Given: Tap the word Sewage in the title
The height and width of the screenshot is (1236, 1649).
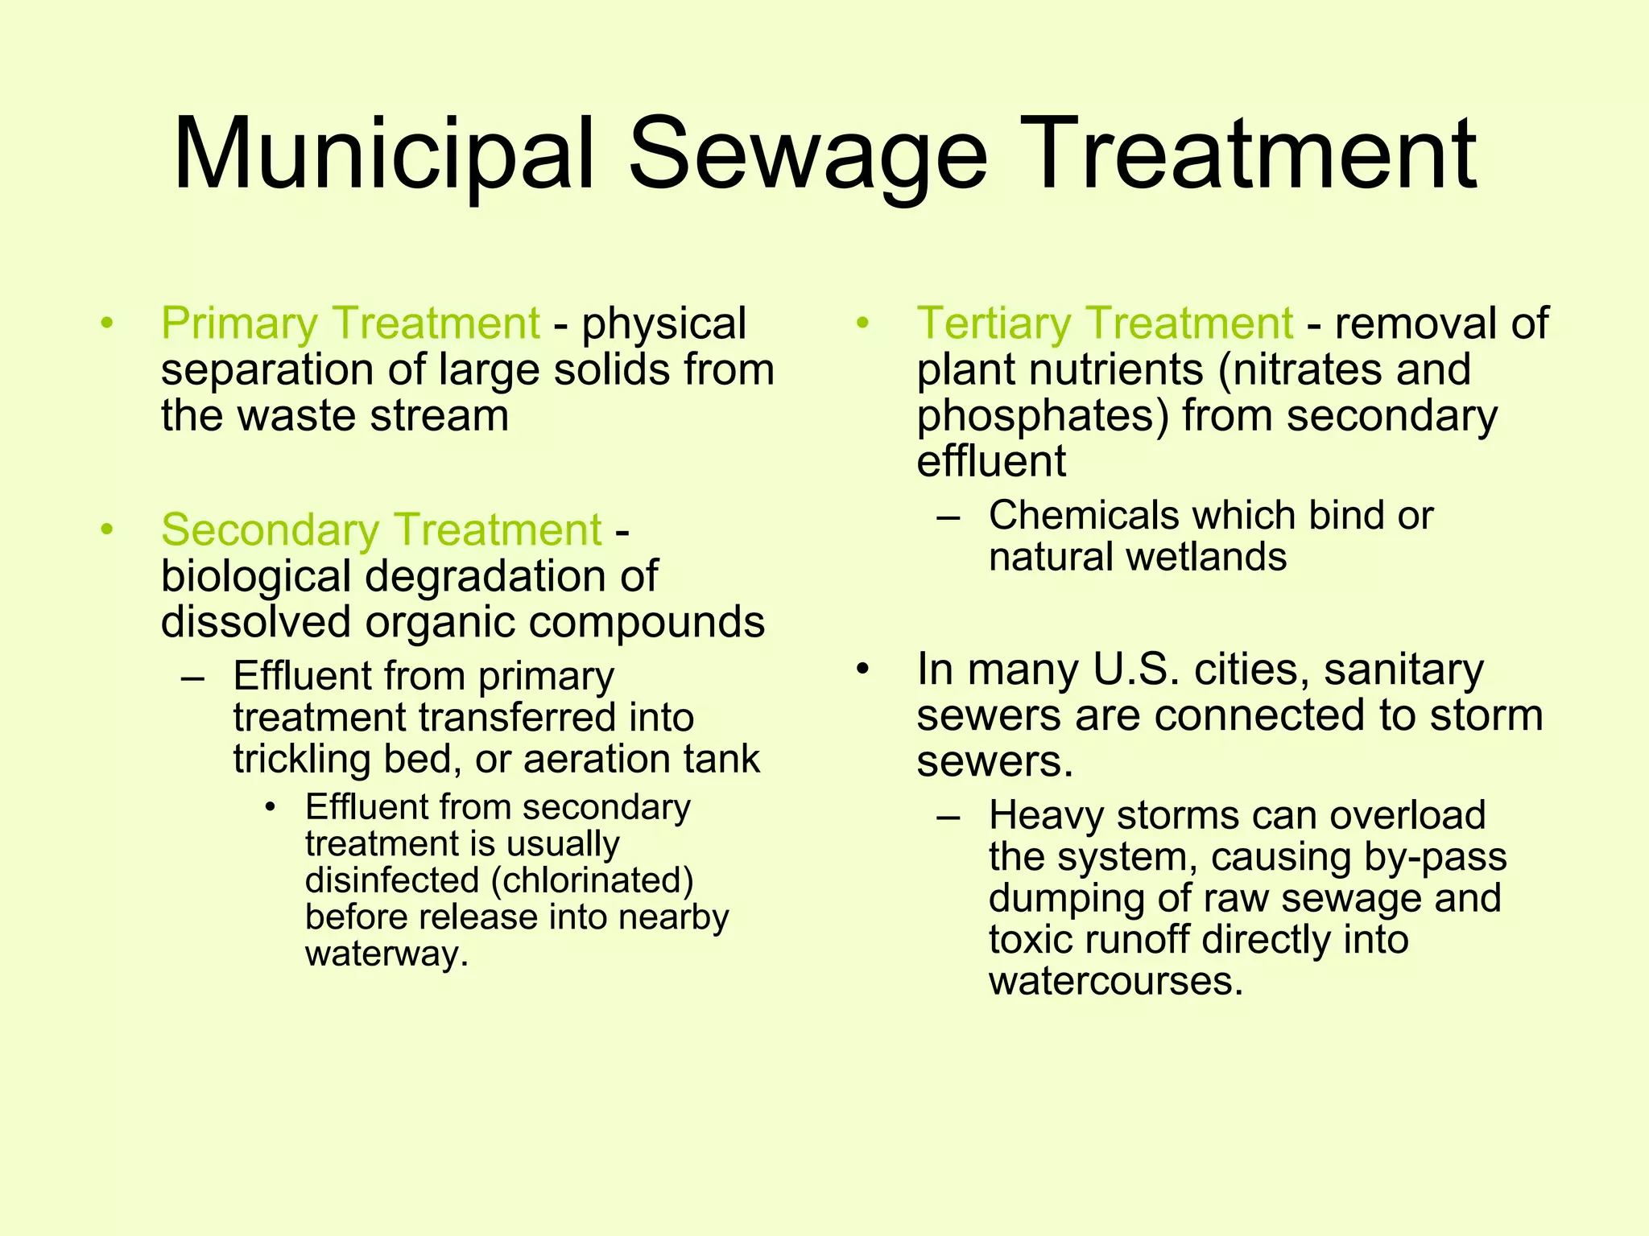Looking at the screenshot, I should (807, 154).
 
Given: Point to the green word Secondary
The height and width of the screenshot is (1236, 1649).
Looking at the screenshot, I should (270, 530).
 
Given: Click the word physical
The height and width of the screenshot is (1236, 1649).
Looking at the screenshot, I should (664, 323).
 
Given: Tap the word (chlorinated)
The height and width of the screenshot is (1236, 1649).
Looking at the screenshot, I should (592, 880).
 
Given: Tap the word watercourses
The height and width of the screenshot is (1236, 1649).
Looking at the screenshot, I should (1116, 982).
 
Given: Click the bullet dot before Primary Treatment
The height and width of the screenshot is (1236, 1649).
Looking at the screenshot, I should (106, 324).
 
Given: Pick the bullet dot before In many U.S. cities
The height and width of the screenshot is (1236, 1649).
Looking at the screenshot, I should (862, 670).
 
